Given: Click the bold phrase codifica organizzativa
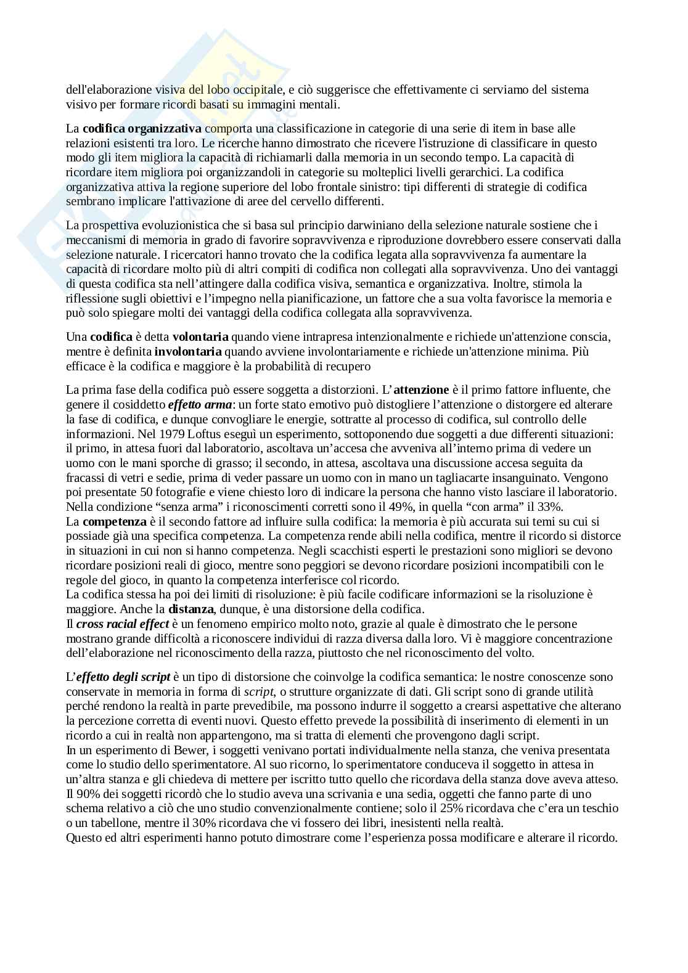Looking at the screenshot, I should point(142,129).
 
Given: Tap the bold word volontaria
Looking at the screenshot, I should point(200,337).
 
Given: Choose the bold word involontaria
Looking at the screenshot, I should point(188,352).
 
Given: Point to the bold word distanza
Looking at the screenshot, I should point(191,609).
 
